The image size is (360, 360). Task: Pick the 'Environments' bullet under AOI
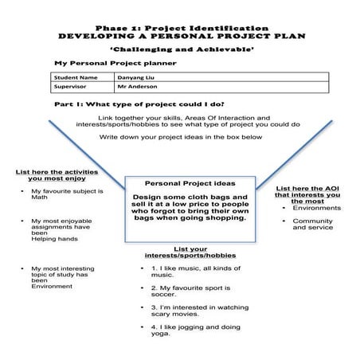click(316, 208)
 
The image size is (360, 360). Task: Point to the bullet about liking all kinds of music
click(194, 270)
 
